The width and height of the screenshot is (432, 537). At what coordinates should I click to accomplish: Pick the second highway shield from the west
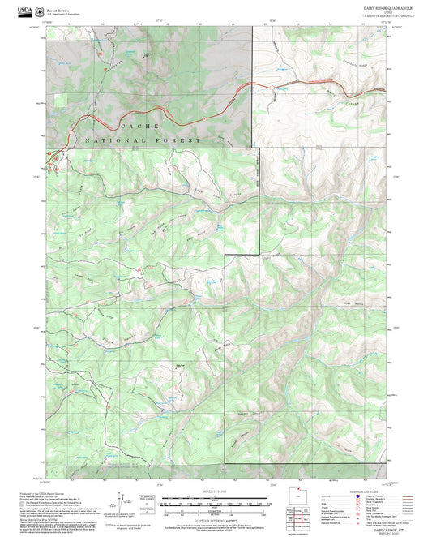[204, 118]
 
